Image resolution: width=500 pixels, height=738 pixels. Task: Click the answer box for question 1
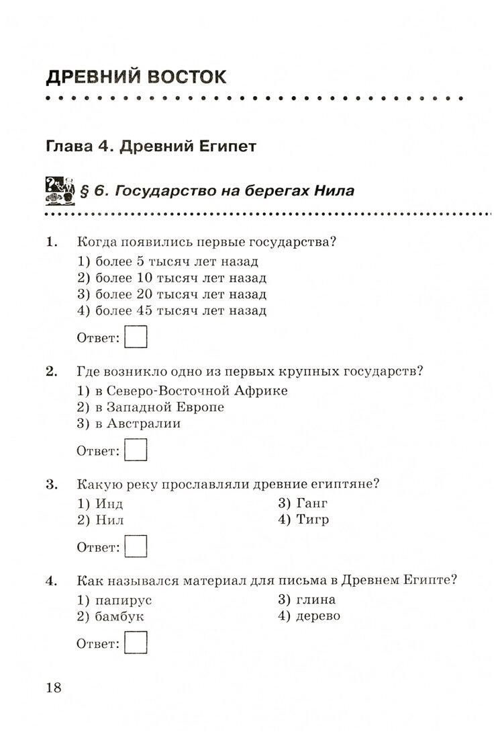136,337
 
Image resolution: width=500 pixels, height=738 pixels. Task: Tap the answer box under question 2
136,450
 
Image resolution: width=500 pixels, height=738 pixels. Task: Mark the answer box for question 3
136,546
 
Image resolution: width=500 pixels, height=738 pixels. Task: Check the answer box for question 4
136,643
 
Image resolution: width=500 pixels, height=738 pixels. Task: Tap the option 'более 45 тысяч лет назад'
172,311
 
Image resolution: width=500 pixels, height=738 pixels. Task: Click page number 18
53,688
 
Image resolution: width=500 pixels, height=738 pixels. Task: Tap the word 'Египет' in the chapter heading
226,147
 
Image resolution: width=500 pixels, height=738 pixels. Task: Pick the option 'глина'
307,600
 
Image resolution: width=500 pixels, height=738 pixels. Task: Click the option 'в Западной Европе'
150,407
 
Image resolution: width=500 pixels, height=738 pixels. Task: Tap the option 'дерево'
309,616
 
